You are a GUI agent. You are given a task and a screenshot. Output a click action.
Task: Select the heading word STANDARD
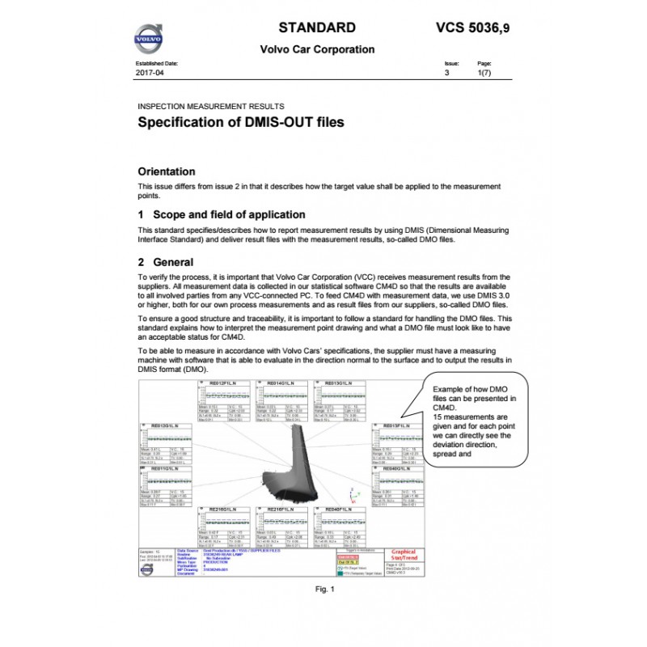pos(317,27)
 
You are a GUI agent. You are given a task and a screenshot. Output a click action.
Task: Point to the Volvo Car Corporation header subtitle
pos(317,49)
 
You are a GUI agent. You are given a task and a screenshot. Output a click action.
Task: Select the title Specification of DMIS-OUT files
pos(241,123)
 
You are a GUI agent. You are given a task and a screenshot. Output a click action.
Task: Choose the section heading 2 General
pos(166,262)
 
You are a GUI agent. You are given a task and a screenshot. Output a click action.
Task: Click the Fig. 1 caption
pos(323,590)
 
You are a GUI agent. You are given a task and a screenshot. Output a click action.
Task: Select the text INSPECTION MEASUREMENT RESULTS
pos(211,106)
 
